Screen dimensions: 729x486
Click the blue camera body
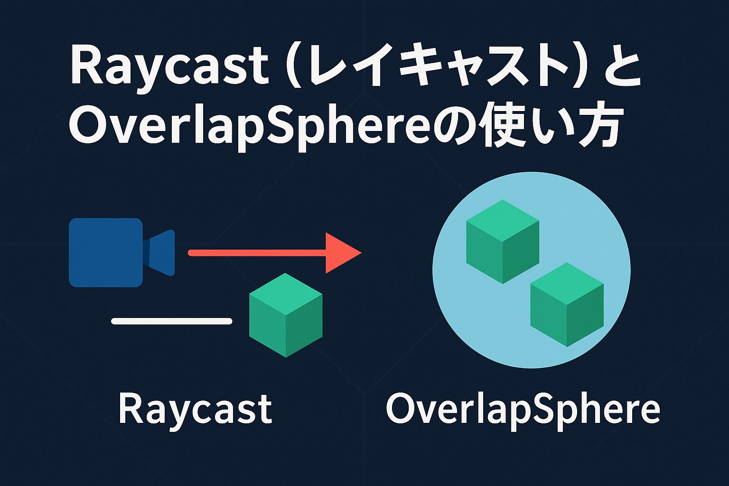106,252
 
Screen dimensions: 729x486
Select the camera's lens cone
159,252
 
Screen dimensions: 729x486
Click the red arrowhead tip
361,252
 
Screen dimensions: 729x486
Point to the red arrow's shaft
257,253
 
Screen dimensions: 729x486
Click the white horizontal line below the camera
171,321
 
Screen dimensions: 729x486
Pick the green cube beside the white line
286,315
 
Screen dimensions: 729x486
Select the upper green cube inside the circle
503,242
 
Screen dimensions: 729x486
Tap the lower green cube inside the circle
567,305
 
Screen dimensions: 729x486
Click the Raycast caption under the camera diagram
195,409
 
